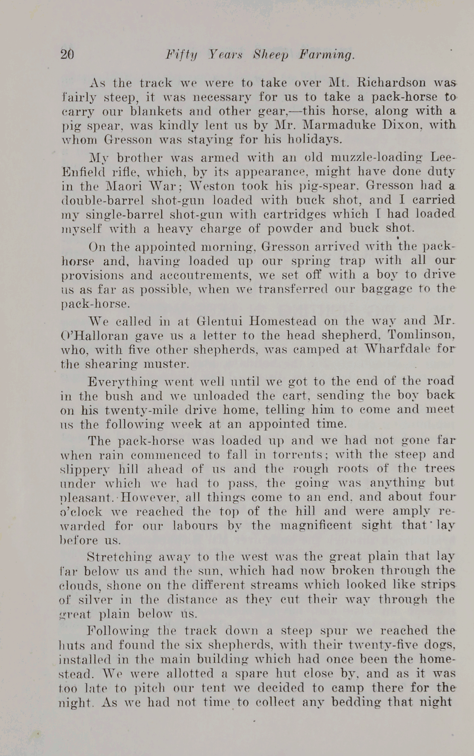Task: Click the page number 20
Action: tap(68, 55)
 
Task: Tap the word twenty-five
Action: tap(384, 644)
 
